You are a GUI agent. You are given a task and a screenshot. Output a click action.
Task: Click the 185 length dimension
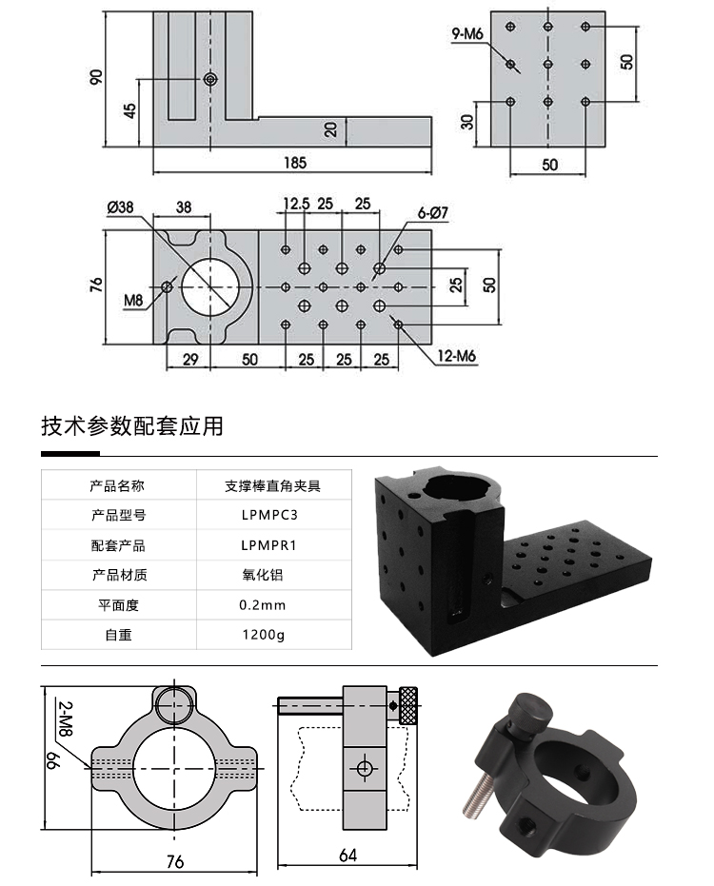tap(295, 163)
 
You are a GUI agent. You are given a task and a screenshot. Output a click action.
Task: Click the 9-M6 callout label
tap(467, 35)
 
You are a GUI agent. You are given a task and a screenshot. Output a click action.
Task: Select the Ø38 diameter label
tap(121, 207)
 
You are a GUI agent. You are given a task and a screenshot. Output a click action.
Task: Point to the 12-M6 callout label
tap(456, 357)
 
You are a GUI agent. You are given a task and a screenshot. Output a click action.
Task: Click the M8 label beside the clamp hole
tap(133, 301)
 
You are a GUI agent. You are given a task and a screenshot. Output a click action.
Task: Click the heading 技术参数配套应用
tap(132, 425)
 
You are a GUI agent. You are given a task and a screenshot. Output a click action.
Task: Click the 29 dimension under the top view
tap(189, 359)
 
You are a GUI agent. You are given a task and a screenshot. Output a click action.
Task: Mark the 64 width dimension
tap(347, 855)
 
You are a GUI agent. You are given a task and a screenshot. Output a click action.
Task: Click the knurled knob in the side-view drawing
tap(410, 705)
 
